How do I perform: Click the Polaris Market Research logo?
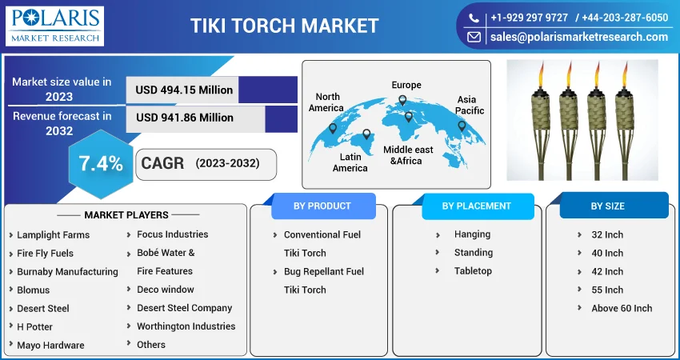point(54,26)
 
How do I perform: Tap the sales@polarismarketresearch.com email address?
point(579,37)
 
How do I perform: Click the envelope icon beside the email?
point(474,38)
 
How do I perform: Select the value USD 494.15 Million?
point(184,90)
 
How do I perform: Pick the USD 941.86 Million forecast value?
point(185,118)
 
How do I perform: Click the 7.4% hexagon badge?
point(101,164)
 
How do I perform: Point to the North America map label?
point(326,102)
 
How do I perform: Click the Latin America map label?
point(350,162)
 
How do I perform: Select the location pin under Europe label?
point(402,100)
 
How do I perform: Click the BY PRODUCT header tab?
point(322,206)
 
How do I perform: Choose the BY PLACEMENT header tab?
point(477,206)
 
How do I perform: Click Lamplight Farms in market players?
point(54,235)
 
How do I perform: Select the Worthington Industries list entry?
point(186,326)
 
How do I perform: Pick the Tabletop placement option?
point(473,271)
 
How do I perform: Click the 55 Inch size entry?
point(607,290)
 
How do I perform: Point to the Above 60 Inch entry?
point(622,308)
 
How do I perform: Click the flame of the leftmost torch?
point(541,75)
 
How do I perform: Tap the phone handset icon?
point(474,18)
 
